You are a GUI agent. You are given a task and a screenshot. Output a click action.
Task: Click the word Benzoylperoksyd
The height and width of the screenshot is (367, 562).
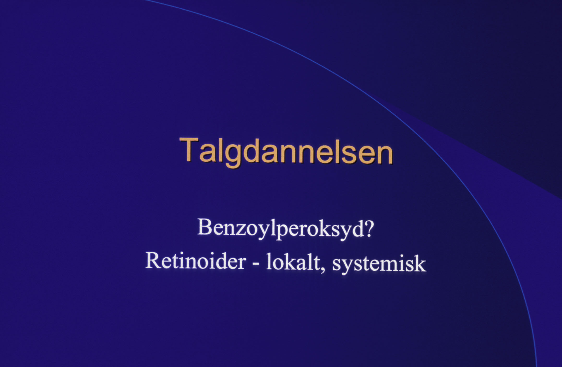[x=281, y=229]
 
